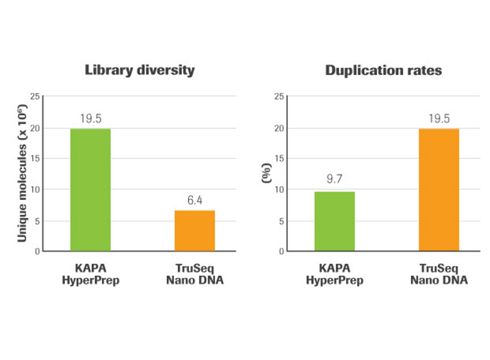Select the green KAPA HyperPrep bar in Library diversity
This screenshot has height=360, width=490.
(x=90, y=190)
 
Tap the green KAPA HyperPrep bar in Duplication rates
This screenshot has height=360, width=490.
(x=335, y=220)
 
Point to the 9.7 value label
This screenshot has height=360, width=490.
(x=335, y=180)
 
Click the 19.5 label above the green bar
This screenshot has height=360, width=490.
(x=90, y=118)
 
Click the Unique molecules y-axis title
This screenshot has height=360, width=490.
(x=22, y=173)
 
